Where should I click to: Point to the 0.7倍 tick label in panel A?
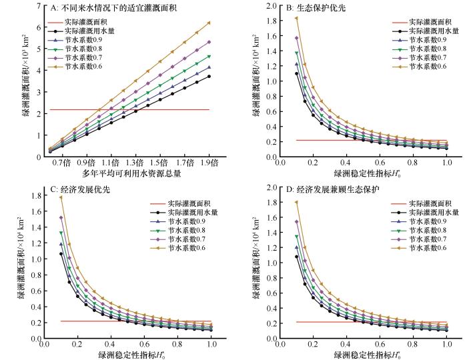(x=62, y=163)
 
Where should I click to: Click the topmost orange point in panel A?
(x=209, y=23)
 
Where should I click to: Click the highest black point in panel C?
(x=61, y=254)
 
